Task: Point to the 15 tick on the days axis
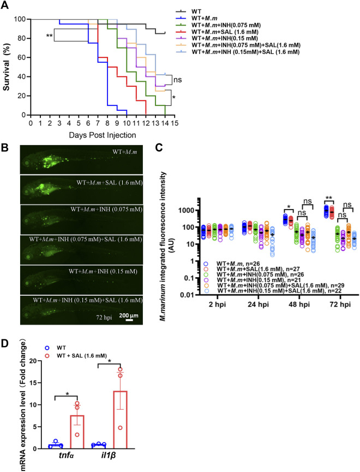point(174,123)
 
